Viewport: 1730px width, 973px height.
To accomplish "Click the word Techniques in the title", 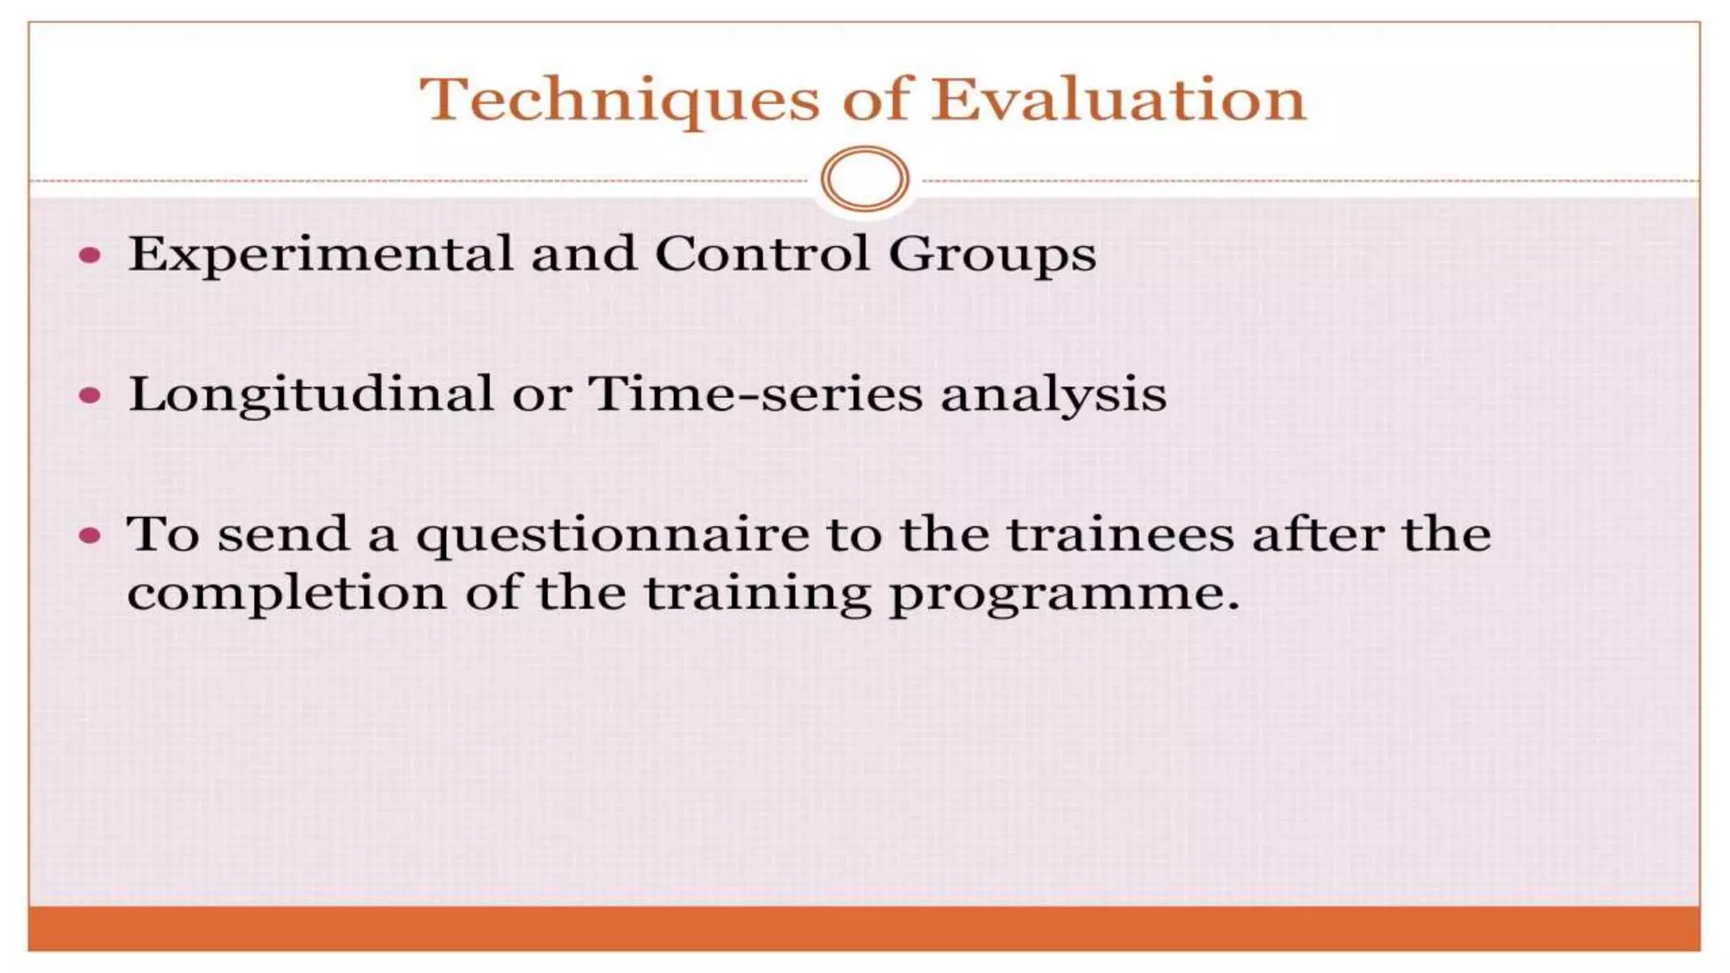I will tap(619, 101).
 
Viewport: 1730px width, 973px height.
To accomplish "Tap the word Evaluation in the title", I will tap(1118, 100).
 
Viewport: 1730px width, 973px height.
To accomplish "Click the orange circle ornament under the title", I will tap(864, 179).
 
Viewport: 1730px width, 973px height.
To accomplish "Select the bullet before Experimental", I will tap(90, 255).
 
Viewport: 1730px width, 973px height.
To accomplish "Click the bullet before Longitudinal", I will tap(90, 395).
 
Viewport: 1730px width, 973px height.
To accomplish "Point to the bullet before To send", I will tap(90, 535).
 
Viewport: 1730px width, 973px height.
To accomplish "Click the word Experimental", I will tap(320, 253).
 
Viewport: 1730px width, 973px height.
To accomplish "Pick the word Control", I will tap(761, 253).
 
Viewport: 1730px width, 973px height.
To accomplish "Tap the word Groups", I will tap(992, 255).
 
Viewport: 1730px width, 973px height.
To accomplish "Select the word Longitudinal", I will tap(310, 394).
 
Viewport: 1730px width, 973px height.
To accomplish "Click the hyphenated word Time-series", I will tap(755, 394).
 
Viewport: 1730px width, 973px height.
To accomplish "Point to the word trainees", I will tap(1120, 535).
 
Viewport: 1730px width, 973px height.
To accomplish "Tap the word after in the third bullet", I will tap(1317, 535).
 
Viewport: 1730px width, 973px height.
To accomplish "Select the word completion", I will tap(286, 594).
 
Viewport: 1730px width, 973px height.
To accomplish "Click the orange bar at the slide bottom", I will tap(864, 928).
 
